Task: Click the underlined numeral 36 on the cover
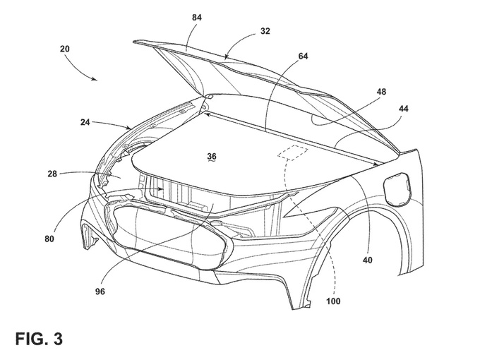point(212,156)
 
